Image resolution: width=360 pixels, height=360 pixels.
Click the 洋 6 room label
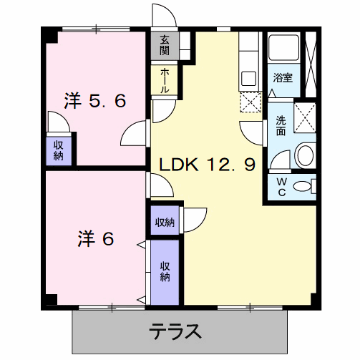[x=96, y=238]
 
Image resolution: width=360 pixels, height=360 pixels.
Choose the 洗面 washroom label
[x=281, y=126]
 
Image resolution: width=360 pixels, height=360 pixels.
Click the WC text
[x=281, y=188]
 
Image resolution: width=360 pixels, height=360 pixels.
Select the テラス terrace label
[x=175, y=331]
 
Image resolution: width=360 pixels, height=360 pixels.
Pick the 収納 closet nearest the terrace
[x=165, y=271]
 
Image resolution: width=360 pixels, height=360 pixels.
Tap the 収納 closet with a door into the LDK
[x=165, y=222]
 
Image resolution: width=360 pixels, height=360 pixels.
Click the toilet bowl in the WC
[x=304, y=187]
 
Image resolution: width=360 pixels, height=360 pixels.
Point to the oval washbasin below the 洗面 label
[x=304, y=154]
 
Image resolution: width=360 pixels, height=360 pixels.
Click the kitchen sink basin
[x=249, y=79]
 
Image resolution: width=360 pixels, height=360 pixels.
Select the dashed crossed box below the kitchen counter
[x=249, y=103]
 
